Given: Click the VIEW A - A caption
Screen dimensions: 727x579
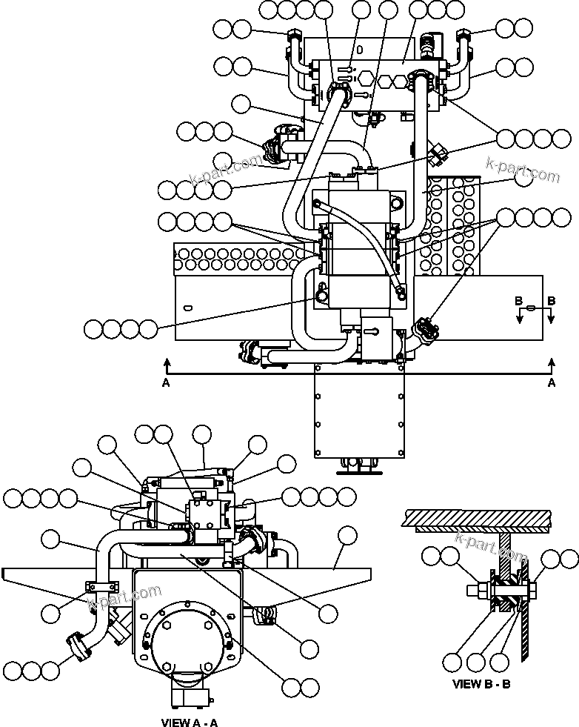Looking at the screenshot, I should (190, 722).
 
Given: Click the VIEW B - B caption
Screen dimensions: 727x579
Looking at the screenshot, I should (481, 684).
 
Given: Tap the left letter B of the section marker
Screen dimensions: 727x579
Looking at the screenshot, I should (521, 301).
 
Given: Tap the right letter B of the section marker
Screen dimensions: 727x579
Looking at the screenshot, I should (551, 301).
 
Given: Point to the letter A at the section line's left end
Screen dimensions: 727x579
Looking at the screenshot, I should (166, 382).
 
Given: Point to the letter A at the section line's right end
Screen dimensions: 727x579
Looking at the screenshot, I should (551, 382).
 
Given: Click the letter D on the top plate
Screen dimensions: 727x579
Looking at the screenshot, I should (358, 51).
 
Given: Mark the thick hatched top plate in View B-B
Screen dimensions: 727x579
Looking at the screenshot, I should (475, 517).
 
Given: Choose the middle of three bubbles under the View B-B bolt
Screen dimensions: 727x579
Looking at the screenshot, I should (478, 661).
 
